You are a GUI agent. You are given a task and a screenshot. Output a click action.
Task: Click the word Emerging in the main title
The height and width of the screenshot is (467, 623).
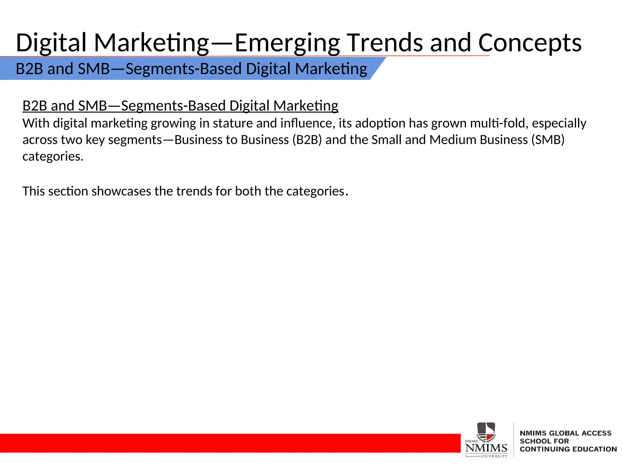point(287,43)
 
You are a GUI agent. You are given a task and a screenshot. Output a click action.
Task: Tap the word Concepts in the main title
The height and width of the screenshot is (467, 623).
point(530,43)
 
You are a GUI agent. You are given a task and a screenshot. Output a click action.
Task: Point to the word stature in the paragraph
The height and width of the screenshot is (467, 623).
point(233,123)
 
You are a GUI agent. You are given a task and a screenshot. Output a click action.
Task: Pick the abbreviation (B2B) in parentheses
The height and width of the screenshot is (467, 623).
point(307,140)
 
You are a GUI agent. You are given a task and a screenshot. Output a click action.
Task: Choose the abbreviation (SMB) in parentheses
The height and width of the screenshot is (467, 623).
point(548,140)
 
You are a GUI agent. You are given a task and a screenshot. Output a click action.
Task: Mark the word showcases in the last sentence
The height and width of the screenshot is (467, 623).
point(121,191)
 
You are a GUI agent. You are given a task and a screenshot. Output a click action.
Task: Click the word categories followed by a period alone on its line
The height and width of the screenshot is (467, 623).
point(53,157)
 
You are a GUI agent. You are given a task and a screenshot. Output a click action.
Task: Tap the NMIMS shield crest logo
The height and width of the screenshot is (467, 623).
point(486,432)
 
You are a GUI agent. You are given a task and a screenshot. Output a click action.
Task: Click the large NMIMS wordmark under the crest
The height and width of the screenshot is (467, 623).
point(486,448)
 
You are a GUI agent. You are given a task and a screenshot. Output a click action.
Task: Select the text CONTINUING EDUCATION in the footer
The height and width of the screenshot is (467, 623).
point(568,449)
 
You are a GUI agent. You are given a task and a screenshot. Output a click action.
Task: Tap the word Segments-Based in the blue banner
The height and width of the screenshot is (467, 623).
point(183,69)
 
